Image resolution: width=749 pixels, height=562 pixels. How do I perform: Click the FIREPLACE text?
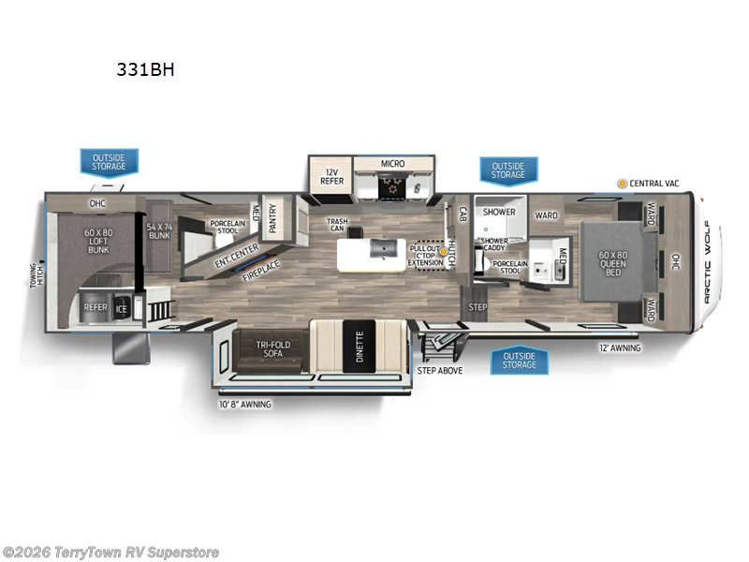[x=261, y=271]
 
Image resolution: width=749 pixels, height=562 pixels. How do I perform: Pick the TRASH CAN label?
[x=337, y=225]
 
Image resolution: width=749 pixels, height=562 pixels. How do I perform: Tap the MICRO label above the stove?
[x=392, y=164]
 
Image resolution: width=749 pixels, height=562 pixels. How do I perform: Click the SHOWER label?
[x=499, y=212]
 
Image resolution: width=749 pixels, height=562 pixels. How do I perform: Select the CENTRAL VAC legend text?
[x=654, y=184]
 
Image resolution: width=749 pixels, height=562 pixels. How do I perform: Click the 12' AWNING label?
[x=620, y=348]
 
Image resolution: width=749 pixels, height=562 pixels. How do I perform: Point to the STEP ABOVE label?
[x=438, y=370]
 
